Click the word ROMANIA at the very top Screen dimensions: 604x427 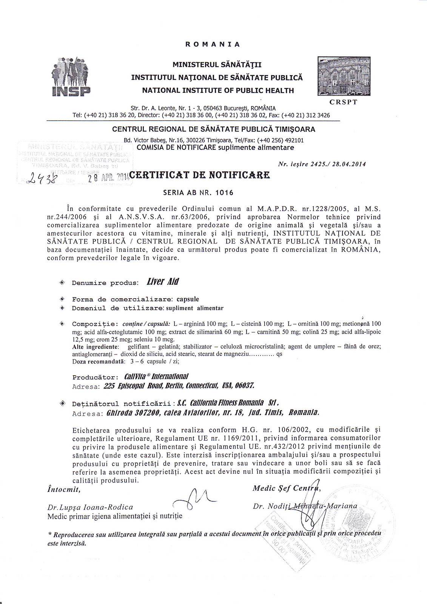click(x=213, y=44)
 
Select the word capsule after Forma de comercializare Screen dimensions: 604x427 click(x=188, y=299)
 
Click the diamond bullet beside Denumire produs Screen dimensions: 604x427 click(x=62, y=282)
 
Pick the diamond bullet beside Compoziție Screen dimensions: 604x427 click(x=62, y=324)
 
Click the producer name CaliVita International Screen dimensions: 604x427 click(x=156, y=377)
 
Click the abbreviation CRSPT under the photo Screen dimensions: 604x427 click(x=343, y=102)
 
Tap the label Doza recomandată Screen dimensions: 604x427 click(x=98, y=361)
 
